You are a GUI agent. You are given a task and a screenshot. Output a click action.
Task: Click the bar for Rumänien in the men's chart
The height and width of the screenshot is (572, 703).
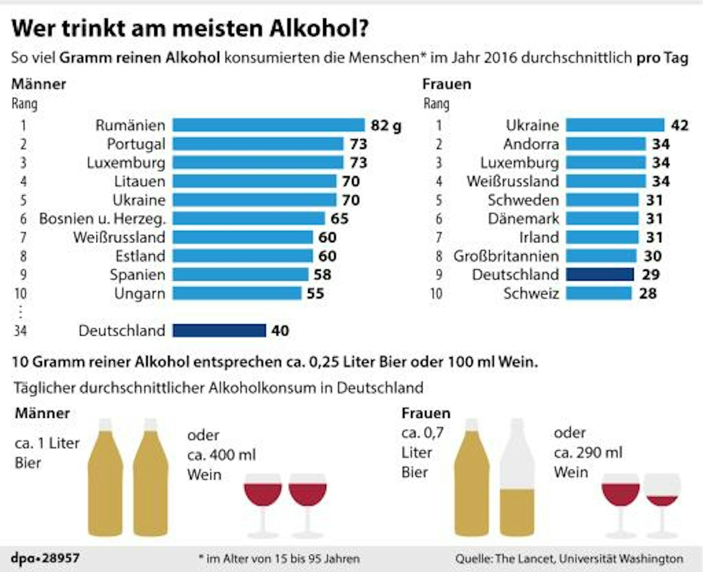[x=268, y=125]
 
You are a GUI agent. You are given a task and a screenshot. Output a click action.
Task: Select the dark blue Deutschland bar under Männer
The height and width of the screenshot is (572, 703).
[x=219, y=331]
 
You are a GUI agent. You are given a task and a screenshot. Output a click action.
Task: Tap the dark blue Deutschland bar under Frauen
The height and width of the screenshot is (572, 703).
[x=600, y=274]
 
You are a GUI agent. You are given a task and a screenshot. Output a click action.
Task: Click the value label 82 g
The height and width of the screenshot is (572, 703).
[x=386, y=125]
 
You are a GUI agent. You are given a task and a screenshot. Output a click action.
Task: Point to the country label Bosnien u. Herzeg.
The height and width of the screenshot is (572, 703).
[x=102, y=219]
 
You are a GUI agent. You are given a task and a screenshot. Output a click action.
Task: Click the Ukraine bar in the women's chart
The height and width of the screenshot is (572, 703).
[x=615, y=125]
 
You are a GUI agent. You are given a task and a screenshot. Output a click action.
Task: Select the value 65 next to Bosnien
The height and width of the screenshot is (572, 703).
[x=339, y=219]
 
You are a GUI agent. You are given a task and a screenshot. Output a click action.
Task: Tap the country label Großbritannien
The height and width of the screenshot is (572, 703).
[x=506, y=256]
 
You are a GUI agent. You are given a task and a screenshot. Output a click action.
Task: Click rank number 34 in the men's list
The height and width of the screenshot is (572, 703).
[x=20, y=331]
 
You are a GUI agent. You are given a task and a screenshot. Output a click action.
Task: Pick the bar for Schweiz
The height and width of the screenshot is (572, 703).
[x=599, y=293]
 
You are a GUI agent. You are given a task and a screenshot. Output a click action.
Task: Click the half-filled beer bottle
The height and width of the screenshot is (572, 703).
[x=517, y=478]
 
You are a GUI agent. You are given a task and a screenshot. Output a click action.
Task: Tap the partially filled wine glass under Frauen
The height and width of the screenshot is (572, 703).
[x=662, y=499]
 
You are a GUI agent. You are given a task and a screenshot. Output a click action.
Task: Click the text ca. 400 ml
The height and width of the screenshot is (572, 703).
[x=222, y=455]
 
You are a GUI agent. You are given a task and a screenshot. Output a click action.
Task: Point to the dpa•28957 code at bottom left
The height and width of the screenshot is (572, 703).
[x=45, y=558]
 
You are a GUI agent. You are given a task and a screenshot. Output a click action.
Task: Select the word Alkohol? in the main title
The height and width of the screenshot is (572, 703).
[x=319, y=28]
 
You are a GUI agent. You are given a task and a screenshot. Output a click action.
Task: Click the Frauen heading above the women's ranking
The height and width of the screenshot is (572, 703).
[x=446, y=84]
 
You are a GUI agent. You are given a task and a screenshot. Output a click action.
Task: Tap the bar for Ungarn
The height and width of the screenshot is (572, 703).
[x=237, y=293]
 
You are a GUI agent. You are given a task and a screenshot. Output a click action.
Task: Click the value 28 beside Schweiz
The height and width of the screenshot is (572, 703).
[x=648, y=293]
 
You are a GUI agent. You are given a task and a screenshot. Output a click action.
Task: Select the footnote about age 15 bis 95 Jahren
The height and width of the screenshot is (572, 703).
[x=279, y=559]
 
